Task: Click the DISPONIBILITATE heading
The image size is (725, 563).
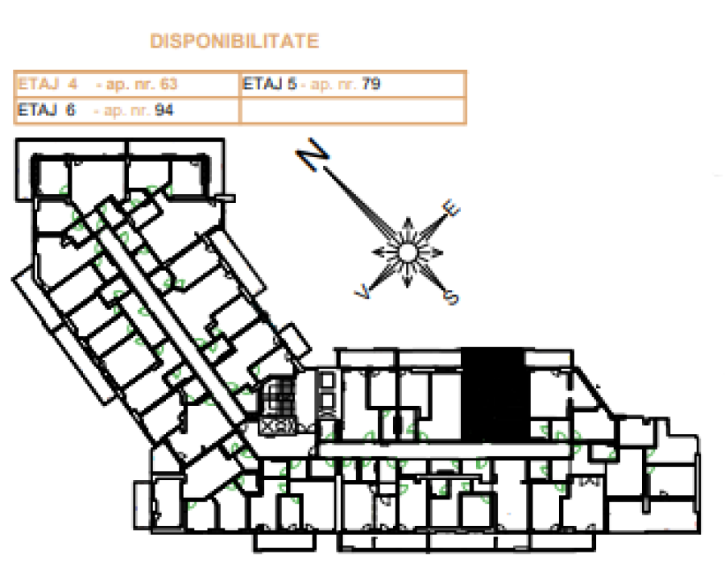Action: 234,41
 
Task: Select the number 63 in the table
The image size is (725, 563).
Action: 168,84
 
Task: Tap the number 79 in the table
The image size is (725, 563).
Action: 371,84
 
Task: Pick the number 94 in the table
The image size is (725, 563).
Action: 164,110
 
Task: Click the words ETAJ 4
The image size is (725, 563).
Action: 48,84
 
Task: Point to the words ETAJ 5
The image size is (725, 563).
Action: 270,84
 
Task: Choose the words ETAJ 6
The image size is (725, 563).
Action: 46,110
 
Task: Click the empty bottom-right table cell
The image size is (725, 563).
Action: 353,110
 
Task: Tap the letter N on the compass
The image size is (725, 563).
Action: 313,154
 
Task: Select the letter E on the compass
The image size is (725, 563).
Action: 451,208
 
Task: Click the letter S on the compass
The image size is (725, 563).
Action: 451,296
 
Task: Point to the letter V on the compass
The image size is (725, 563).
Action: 363,292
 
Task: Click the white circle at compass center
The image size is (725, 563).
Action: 408,253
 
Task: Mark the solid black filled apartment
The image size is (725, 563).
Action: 495,395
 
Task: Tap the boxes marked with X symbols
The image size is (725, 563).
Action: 277,426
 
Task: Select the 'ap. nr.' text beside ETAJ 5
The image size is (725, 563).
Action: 333,84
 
